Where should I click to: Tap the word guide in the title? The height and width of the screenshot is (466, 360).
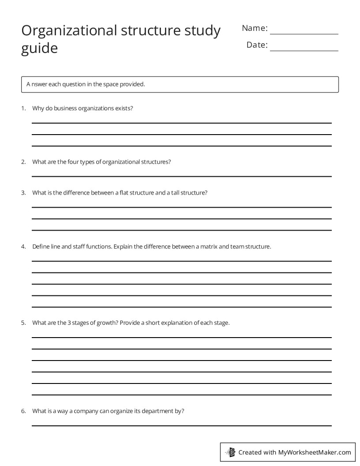point(39,48)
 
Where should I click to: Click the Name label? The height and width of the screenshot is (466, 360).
point(255,28)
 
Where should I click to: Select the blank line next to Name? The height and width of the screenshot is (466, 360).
point(304,33)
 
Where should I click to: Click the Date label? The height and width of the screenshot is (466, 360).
point(257,45)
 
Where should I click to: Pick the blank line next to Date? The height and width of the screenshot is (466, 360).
point(304,50)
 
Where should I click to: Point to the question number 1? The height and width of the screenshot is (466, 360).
point(23,108)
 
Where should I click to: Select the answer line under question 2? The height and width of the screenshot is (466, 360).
point(181,176)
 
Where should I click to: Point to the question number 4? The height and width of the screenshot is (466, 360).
point(23,246)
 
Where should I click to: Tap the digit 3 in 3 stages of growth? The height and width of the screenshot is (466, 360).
point(69,323)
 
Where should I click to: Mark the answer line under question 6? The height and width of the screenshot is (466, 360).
point(181,425)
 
